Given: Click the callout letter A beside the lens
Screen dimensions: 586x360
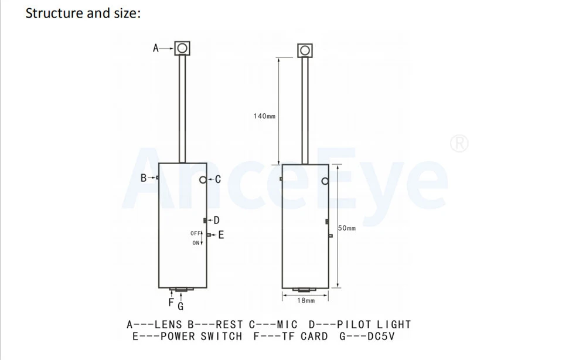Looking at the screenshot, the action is click(156, 48).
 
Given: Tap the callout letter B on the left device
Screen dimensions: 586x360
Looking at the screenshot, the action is click(144, 178).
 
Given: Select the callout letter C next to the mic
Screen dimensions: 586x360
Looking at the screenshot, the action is click(218, 180).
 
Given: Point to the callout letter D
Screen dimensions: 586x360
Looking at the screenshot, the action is click(216, 220).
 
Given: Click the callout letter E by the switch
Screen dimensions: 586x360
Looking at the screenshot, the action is click(222, 235).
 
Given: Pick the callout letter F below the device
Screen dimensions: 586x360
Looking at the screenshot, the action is click(171, 303).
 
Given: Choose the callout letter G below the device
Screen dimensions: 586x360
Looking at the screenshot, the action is click(180, 307).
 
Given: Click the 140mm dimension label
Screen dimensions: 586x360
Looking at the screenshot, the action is click(265, 116).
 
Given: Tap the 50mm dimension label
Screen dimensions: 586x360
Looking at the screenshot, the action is click(347, 228).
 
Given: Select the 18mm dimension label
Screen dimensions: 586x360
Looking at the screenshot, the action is click(306, 301).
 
